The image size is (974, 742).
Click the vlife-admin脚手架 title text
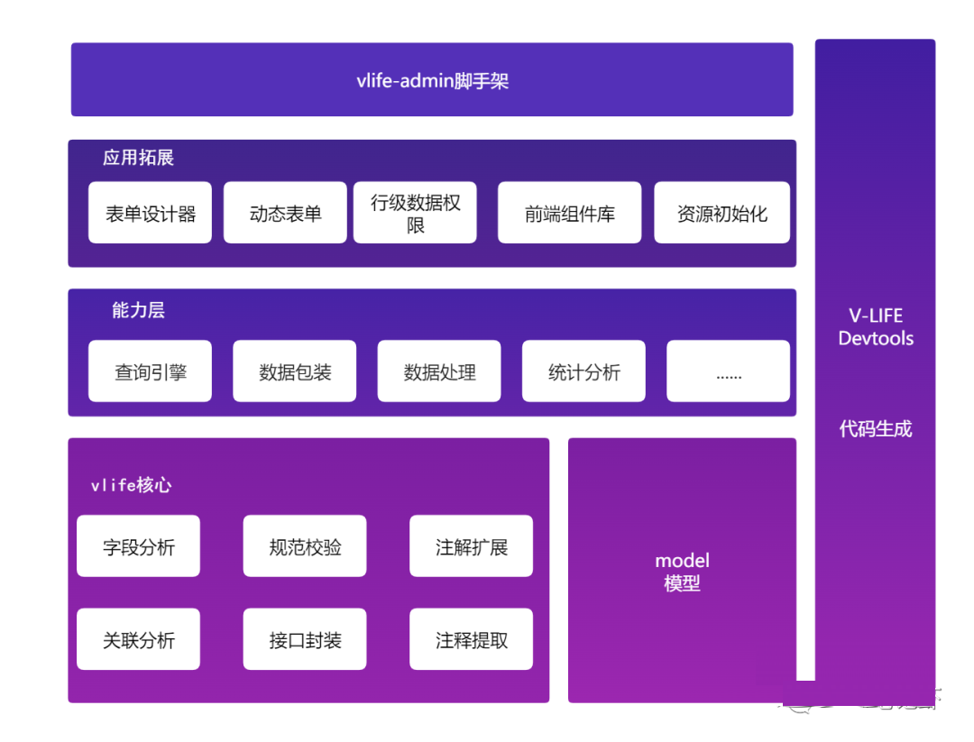point(432,81)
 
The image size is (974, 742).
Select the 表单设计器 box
point(150,214)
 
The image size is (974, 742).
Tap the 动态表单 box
point(285,214)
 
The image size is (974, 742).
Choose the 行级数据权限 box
point(415,214)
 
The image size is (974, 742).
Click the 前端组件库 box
point(569,214)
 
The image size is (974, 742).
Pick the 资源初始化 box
point(721,214)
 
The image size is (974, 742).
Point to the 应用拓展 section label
point(138,158)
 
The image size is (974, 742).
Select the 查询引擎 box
point(150,371)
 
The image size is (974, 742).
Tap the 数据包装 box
point(294,371)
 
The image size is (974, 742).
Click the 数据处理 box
point(439,371)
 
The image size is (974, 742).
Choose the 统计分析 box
point(583,371)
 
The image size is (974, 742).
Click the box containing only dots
point(728,371)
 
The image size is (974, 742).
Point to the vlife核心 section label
point(131,485)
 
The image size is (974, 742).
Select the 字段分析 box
point(138,546)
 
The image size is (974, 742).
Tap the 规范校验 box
point(305,546)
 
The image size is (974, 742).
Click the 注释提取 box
point(471,640)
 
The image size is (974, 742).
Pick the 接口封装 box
point(305,640)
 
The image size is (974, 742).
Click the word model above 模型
point(682,561)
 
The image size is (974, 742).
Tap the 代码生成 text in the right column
point(875,429)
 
